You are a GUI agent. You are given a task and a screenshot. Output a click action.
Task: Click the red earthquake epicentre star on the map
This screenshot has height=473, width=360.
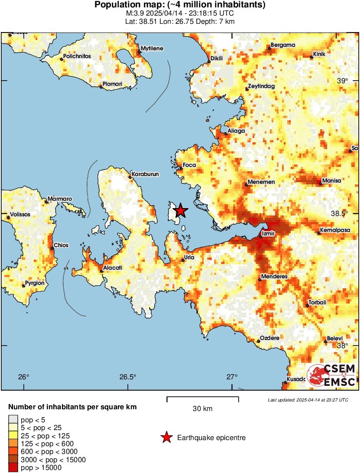[180, 211]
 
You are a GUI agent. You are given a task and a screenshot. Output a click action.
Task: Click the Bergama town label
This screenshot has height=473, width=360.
[282, 45]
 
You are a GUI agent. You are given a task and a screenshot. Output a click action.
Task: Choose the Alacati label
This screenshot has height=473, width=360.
[113, 268]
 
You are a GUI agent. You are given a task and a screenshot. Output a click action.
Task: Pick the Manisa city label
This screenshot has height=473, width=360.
[332, 180]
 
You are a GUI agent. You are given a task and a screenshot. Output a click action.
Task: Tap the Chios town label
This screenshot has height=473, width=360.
[62, 245]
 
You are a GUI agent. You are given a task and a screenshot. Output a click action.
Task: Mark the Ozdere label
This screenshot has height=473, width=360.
[269, 338]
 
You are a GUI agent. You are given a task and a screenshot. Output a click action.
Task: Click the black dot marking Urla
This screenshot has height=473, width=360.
[182, 261]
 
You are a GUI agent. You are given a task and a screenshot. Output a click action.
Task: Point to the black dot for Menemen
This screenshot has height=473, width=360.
[246, 185]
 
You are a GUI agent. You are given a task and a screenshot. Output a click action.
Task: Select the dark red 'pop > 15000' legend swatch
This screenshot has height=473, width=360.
[13, 467]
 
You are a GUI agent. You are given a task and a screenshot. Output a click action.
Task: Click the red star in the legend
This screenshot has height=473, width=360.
[166, 438]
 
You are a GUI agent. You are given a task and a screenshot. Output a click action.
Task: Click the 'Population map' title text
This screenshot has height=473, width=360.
[180, 5]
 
